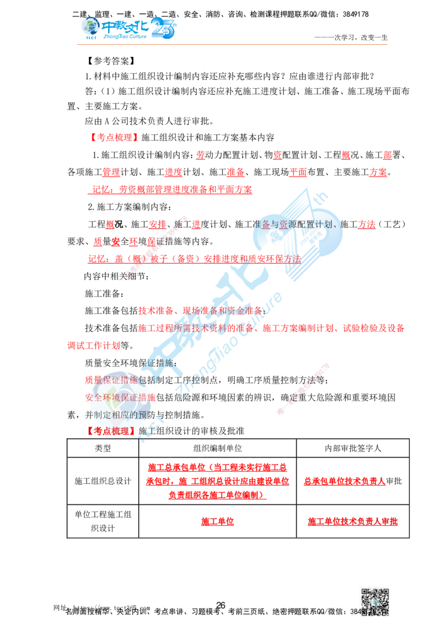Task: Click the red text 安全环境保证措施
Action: coord(120,397)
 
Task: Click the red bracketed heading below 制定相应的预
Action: coord(112,431)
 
